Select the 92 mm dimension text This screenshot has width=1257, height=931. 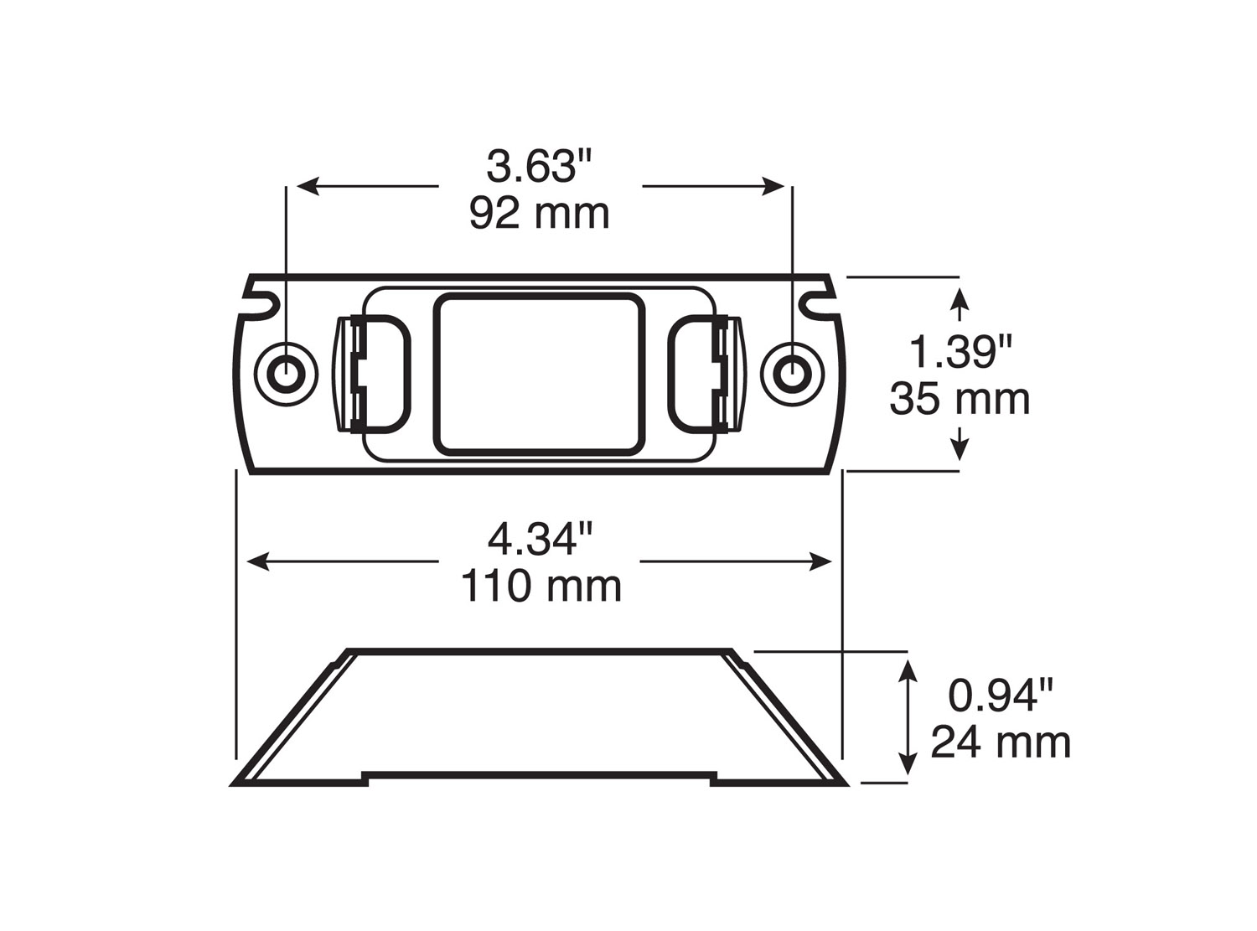[539, 214]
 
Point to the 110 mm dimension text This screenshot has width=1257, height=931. [541, 586]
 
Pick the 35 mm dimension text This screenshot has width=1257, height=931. [960, 399]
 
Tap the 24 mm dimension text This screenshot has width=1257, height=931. [1001, 742]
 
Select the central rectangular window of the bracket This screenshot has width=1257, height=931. [540, 373]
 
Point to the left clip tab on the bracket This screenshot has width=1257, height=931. [373, 374]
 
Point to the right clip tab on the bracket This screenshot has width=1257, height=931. [706, 374]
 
